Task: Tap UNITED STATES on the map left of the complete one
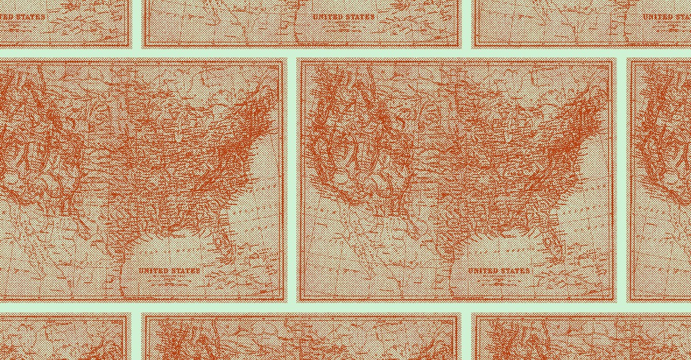[x=169, y=270]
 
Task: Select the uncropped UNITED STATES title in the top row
[x=343, y=17]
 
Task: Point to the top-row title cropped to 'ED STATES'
[x=23, y=17]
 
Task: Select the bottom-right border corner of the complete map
[x=616, y=301]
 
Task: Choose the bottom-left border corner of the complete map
[x=298, y=301]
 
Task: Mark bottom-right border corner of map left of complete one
[x=286, y=301]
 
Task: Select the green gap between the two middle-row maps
[x=292, y=179]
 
